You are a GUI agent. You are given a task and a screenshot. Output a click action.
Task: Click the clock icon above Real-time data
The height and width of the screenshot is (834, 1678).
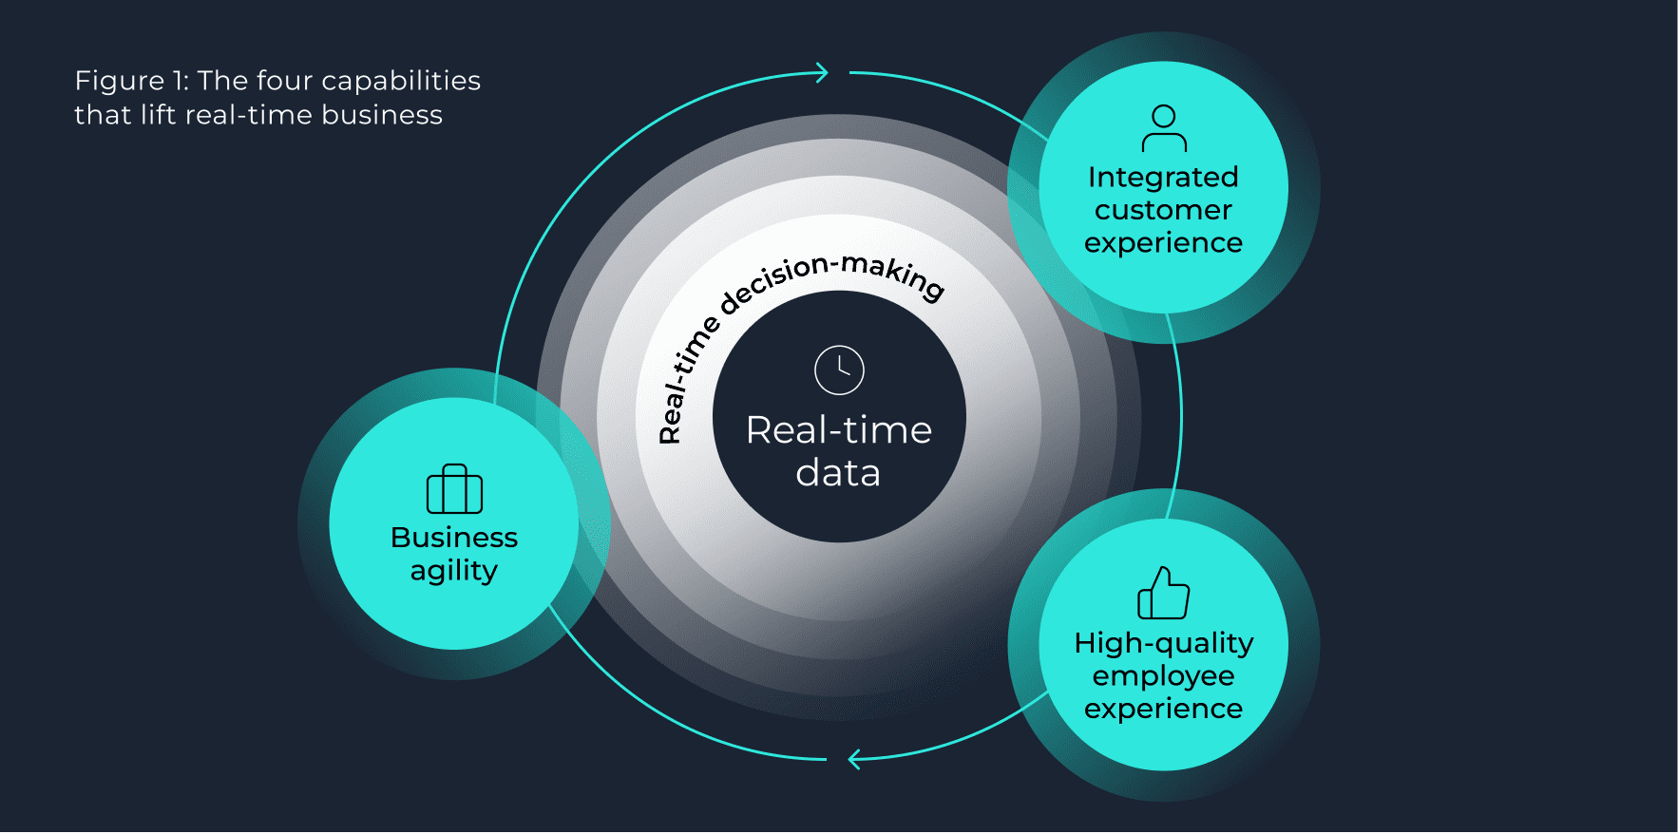click(839, 370)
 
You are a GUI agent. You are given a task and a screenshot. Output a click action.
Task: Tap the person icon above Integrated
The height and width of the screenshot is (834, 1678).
click(1164, 129)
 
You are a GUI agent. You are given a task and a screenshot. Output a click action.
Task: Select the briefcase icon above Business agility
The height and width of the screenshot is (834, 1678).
click(454, 489)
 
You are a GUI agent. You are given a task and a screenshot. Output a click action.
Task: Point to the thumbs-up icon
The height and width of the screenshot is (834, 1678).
click(1163, 594)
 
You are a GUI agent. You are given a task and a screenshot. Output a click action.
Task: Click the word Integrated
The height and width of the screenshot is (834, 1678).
click(1163, 178)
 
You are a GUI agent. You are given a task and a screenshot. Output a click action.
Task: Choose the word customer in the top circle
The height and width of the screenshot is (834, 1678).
click(1163, 210)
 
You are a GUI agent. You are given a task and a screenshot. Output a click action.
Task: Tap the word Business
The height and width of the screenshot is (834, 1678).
click(454, 538)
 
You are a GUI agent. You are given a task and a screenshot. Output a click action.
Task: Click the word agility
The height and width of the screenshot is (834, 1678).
click(454, 571)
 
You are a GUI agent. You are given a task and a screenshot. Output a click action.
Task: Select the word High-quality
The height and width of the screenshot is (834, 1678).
click(1163, 644)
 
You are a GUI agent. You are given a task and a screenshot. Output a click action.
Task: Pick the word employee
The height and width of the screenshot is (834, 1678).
click(1163, 676)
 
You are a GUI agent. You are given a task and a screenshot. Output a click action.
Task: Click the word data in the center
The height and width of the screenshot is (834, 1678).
click(838, 473)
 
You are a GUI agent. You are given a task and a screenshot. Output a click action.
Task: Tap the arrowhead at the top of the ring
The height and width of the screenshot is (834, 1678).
click(822, 73)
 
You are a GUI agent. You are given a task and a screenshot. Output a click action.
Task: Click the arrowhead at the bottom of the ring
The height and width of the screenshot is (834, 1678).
click(854, 759)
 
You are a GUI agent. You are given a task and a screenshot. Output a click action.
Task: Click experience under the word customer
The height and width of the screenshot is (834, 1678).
click(1163, 243)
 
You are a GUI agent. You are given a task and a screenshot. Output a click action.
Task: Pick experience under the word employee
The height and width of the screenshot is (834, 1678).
click(1163, 709)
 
